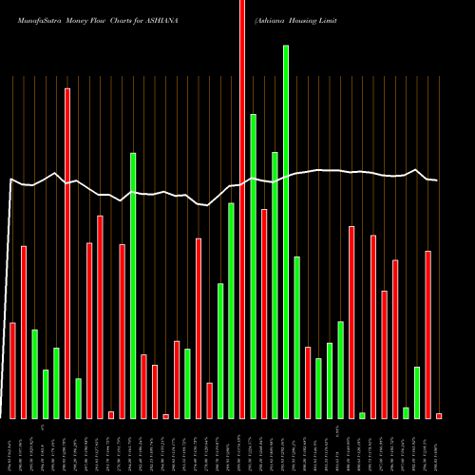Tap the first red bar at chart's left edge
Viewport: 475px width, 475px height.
click(13, 370)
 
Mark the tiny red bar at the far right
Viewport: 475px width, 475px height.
click(439, 416)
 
